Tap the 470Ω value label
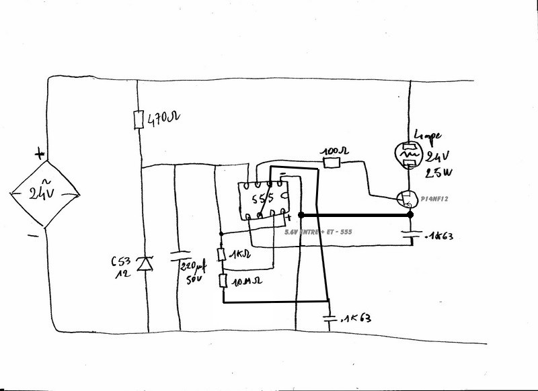(163, 120)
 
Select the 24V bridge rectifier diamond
(44, 195)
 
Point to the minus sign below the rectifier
(32, 236)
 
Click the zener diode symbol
(142, 264)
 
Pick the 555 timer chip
(264, 200)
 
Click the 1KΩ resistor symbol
(221, 254)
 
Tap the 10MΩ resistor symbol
(221, 281)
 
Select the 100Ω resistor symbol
(331, 163)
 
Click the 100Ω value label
(334, 152)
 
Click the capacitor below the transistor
(411, 236)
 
